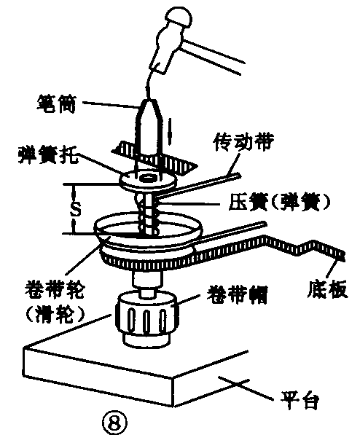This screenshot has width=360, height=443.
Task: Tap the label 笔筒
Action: pyautogui.click(x=56, y=104)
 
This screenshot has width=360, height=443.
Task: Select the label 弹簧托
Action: pyautogui.click(x=48, y=154)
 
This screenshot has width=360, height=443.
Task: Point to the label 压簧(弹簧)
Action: pyautogui.click(x=279, y=202)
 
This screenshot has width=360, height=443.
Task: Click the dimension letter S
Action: pyautogui.click(x=75, y=209)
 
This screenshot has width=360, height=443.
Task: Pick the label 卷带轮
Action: pyautogui.click(x=54, y=289)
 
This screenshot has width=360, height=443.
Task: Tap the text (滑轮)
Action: pyautogui.click(x=55, y=314)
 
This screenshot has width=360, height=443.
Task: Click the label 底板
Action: pyautogui.click(x=327, y=289)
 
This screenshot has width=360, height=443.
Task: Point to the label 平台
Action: pyautogui.click(x=300, y=399)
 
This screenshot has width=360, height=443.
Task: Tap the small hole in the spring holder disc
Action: pyautogui.click(x=147, y=178)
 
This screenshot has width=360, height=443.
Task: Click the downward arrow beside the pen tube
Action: pyautogui.click(x=170, y=131)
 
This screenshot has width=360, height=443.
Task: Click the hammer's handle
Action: pyautogui.click(x=212, y=57)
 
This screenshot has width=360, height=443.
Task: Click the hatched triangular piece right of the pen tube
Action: pyautogui.click(x=179, y=165)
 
